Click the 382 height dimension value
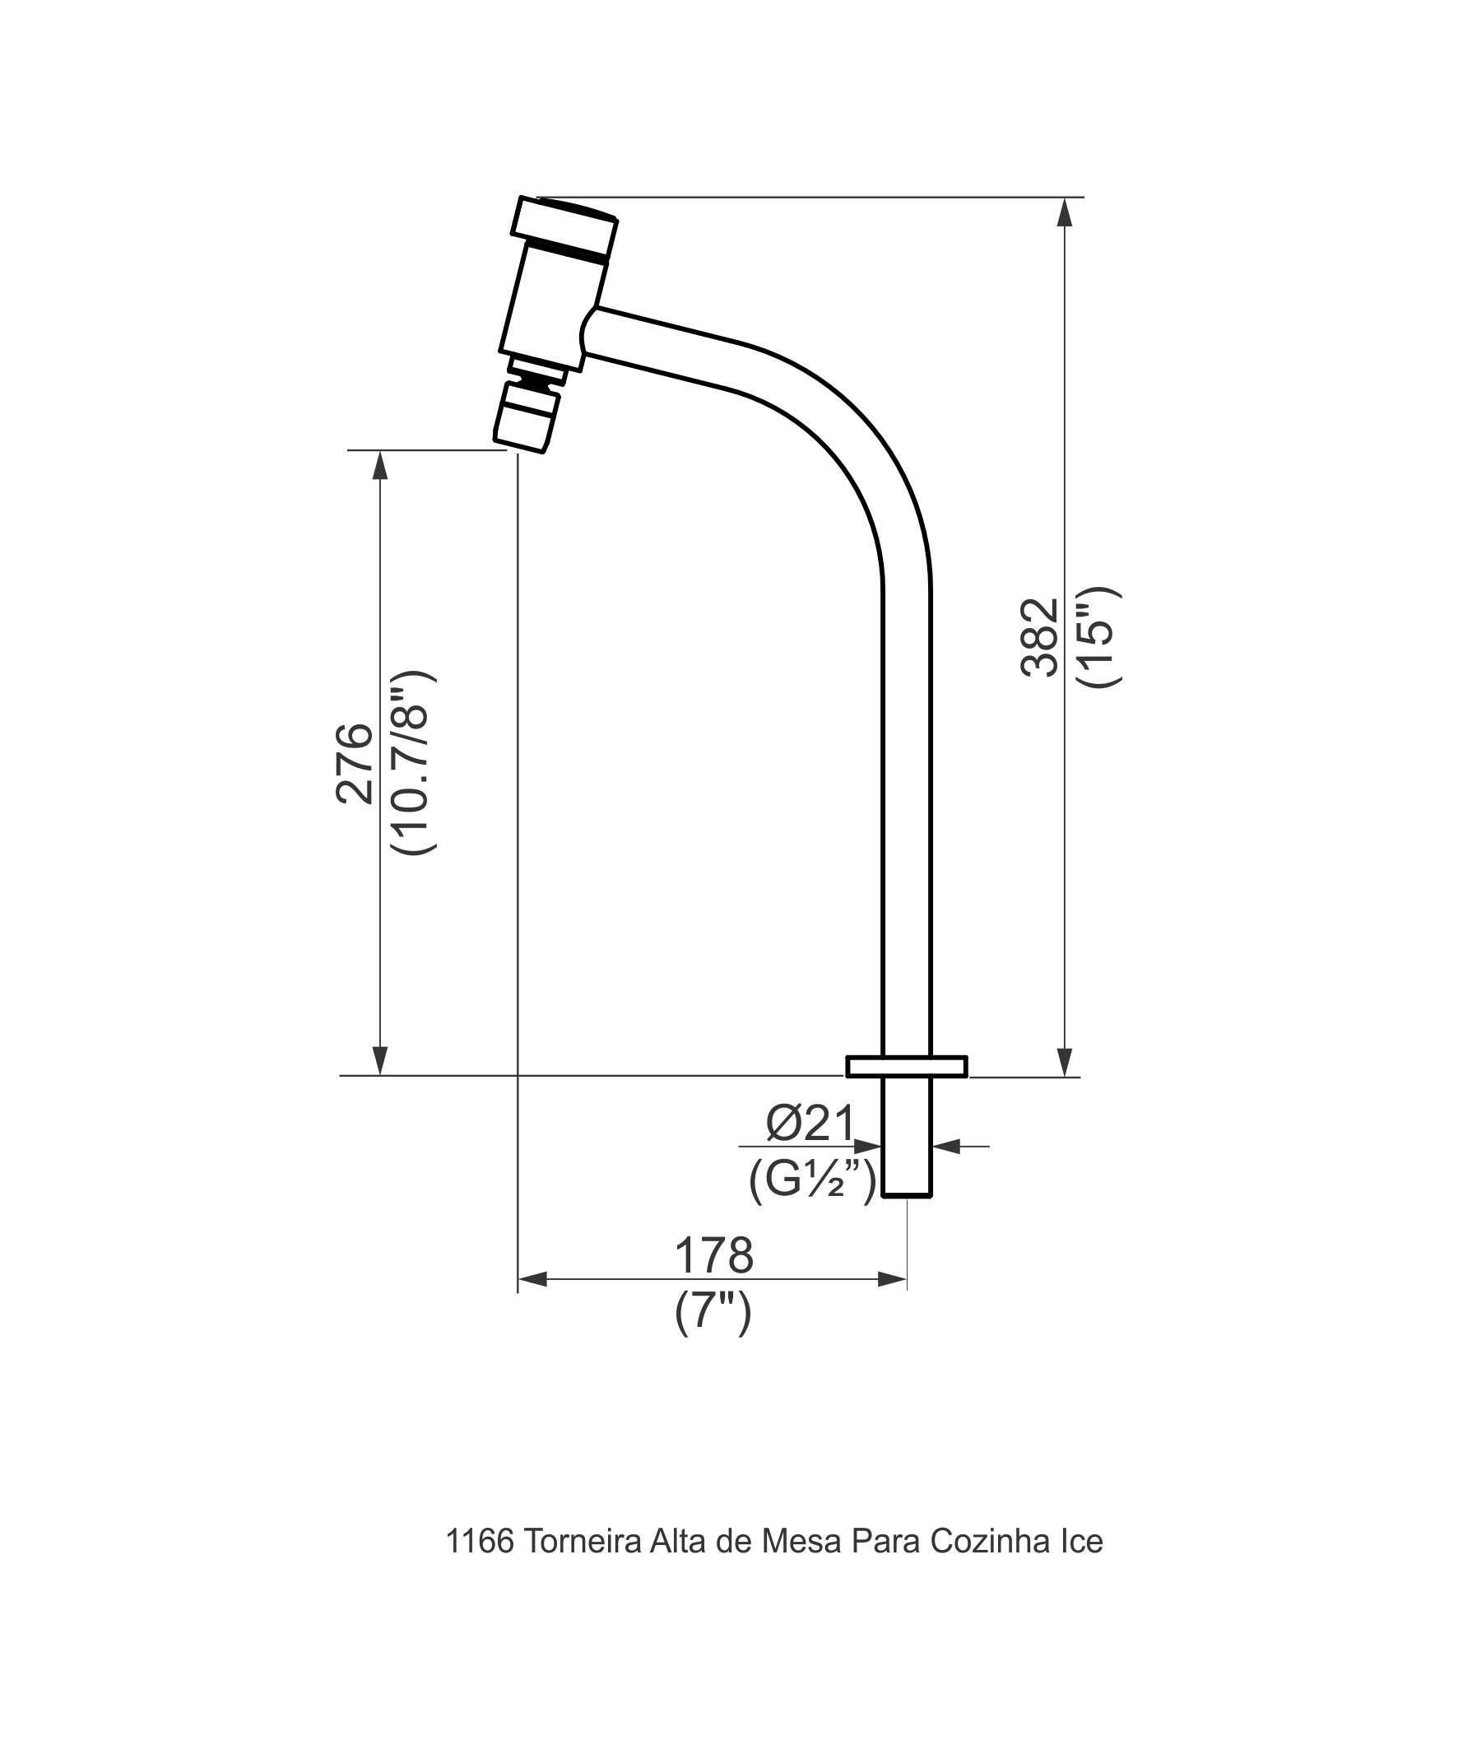[1040, 637]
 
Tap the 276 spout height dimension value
[354, 763]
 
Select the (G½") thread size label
[812, 1181]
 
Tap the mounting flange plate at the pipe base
[907, 1067]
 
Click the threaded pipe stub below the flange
[907, 1137]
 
